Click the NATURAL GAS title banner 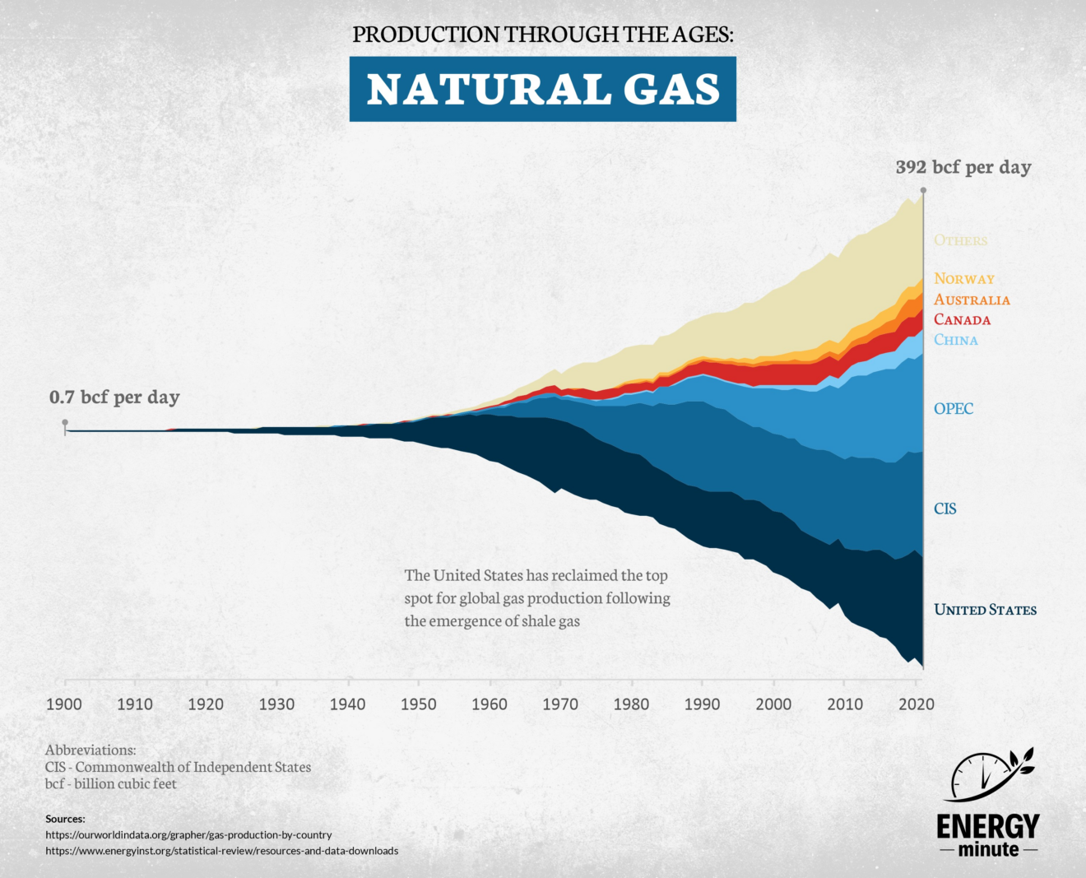tap(542, 89)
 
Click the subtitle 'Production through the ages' tap(542, 35)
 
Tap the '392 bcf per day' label tap(963, 167)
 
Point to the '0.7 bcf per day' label tap(114, 397)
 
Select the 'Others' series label tap(960, 240)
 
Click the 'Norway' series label tap(964, 279)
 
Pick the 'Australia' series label tap(972, 300)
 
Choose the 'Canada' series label tap(962, 320)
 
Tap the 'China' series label tap(956, 340)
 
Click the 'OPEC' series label tap(954, 409)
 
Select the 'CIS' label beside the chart tap(945, 509)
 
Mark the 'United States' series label tap(985, 610)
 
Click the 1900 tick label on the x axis tap(64, 704)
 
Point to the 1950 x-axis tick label tap(419, 704)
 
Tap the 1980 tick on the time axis tap(631, 704)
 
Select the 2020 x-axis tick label tap(916, 704)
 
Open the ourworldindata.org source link tap(188, 834)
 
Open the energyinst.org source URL tap(221, 851)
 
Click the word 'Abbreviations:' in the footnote tap(90, 750)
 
